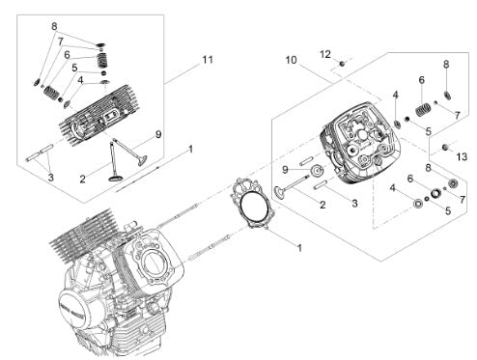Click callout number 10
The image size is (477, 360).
(291, 60)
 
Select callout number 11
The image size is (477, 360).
(208, 60)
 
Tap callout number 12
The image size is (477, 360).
(325, 54)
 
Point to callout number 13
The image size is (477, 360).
(462, 156)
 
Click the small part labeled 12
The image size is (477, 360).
(342, 64)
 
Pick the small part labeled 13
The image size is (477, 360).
(445, 147)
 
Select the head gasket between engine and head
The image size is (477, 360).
(253, 203)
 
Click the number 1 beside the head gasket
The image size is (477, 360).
(299, 248)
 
